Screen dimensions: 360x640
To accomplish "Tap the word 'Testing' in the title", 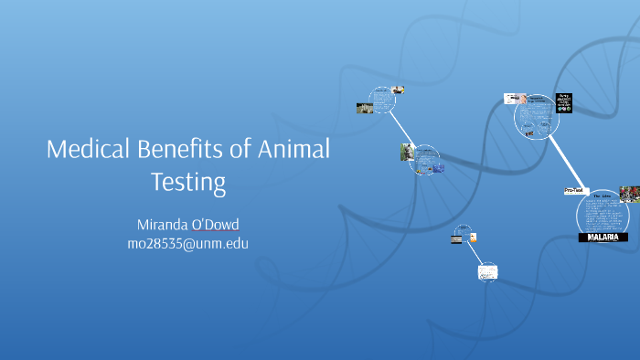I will pos(187,181).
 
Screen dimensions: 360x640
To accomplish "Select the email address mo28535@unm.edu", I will pos(187,243).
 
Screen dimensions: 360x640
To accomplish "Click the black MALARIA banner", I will pos(603,237).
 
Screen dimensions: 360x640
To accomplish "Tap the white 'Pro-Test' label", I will pos(575,191).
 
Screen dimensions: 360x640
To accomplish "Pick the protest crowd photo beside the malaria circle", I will pos(629,194).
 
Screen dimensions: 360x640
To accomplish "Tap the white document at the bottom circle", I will pos(488,271).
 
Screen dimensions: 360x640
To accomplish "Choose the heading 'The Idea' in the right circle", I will pos(603,196).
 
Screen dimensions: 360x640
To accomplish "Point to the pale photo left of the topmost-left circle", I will pos(365,107).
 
